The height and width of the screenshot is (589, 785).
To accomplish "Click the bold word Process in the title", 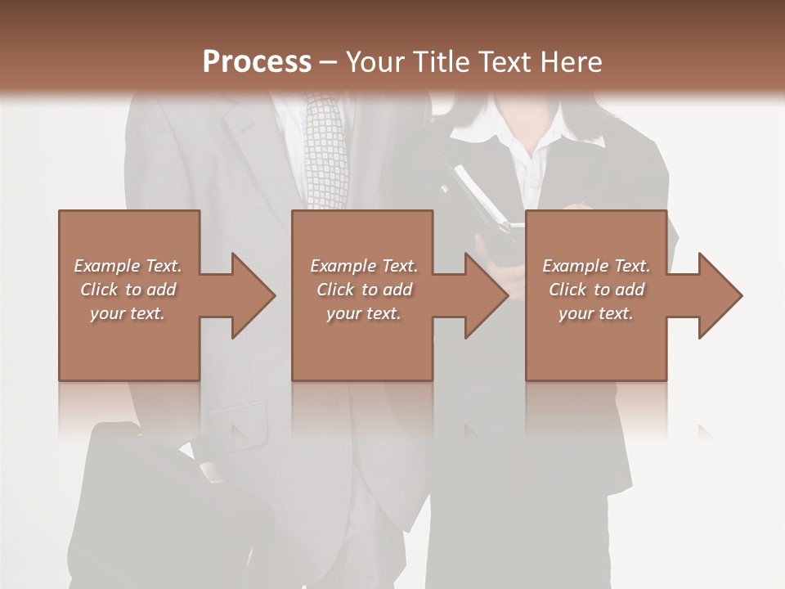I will point(257,62).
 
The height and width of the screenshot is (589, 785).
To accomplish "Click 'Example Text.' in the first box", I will point(128,265).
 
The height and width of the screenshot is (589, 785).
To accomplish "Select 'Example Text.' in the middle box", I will point(364,265).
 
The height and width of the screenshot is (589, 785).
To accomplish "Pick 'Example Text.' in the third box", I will point(596,265).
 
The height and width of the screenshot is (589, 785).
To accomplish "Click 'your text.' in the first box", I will point(128,313).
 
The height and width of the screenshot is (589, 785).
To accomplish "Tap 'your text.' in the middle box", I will point(364,313).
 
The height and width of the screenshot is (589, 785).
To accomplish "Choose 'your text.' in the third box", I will point(596,313).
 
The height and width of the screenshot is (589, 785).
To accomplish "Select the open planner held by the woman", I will point(482,196).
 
